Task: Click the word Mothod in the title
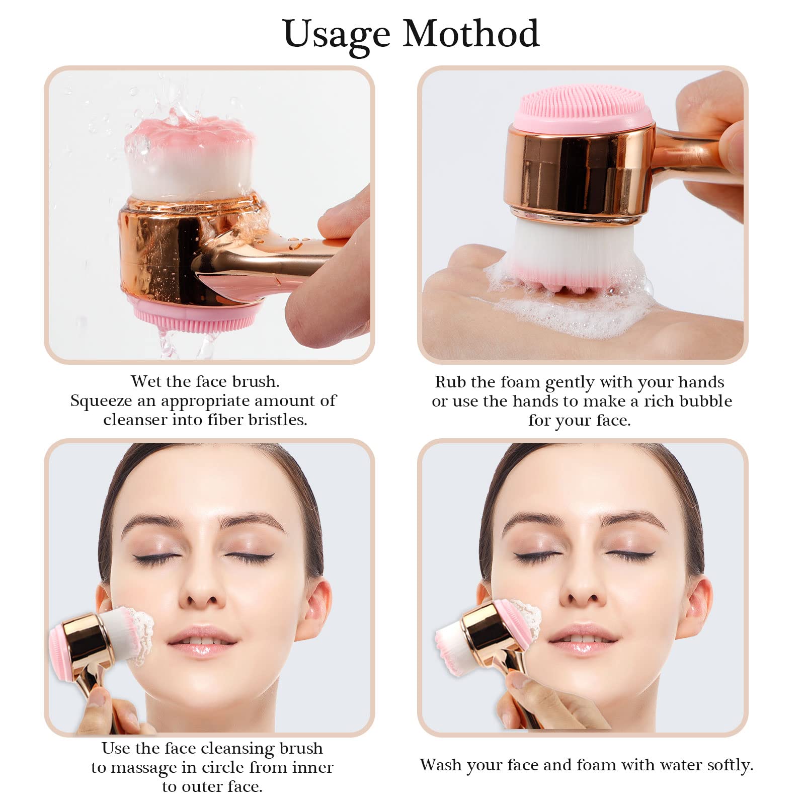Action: (471, 33)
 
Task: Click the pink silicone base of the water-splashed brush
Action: (197, 314)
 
